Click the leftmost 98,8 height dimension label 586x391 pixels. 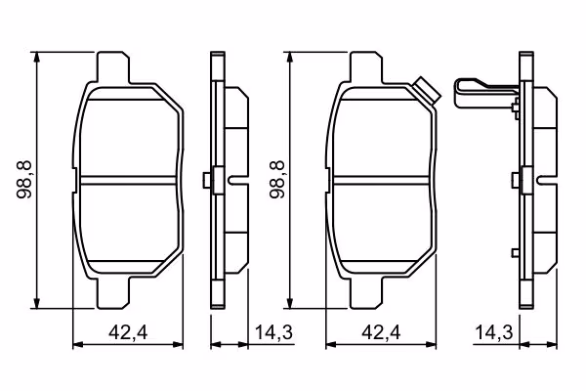(24, 180)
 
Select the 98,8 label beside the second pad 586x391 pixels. (277, 180)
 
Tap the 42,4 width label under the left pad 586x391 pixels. (128, 332)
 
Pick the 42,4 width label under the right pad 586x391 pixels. (381, 332)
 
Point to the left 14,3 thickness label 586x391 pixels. (273, 332)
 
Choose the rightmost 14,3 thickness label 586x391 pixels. (494, 332)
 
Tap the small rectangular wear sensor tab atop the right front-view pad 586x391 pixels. (427, 91)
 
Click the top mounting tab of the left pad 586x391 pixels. (113, 67)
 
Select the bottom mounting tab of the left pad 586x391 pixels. (113, 293)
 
